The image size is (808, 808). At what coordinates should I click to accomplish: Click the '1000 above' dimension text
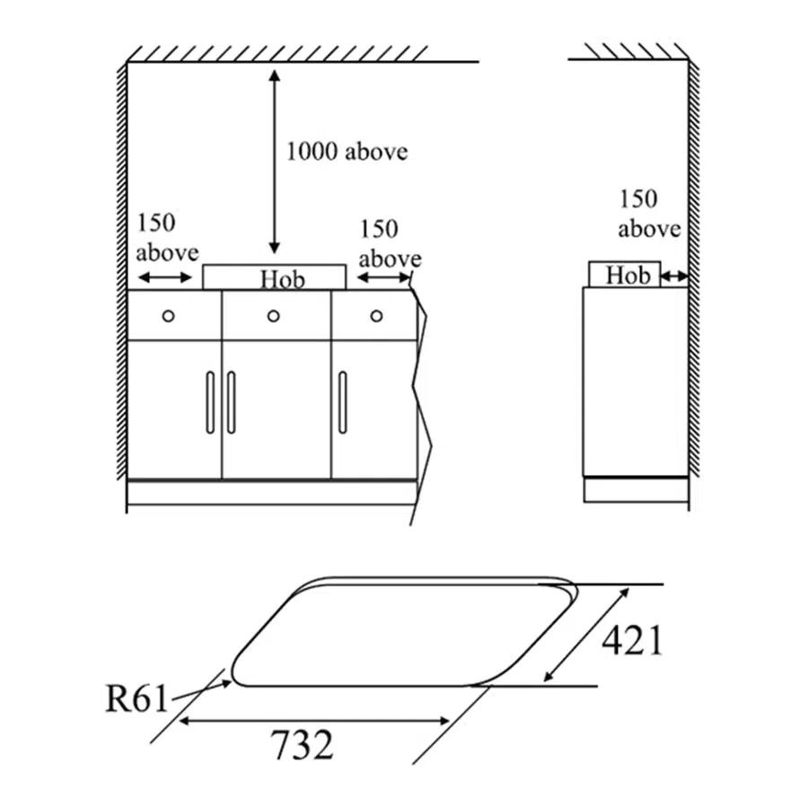[347, 151]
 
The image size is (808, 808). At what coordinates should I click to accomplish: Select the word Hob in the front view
[283, 279]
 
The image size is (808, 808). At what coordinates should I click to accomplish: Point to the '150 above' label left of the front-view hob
[167, 238]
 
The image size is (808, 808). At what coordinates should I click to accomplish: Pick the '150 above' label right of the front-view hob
[390, 244]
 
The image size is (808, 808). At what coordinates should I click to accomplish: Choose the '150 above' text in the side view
[649, 214]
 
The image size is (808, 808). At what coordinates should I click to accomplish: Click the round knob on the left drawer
[168, 315]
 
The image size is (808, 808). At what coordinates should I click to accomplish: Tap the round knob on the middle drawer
[273, 315]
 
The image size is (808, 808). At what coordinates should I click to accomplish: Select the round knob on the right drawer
[376, 315]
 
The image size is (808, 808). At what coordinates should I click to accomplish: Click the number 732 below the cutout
[303, 744]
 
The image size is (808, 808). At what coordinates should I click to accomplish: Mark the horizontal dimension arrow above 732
[314, 720]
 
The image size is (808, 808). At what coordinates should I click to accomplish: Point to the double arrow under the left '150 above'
[166, 278]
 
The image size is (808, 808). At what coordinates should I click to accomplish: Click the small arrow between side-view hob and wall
[675, 278]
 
